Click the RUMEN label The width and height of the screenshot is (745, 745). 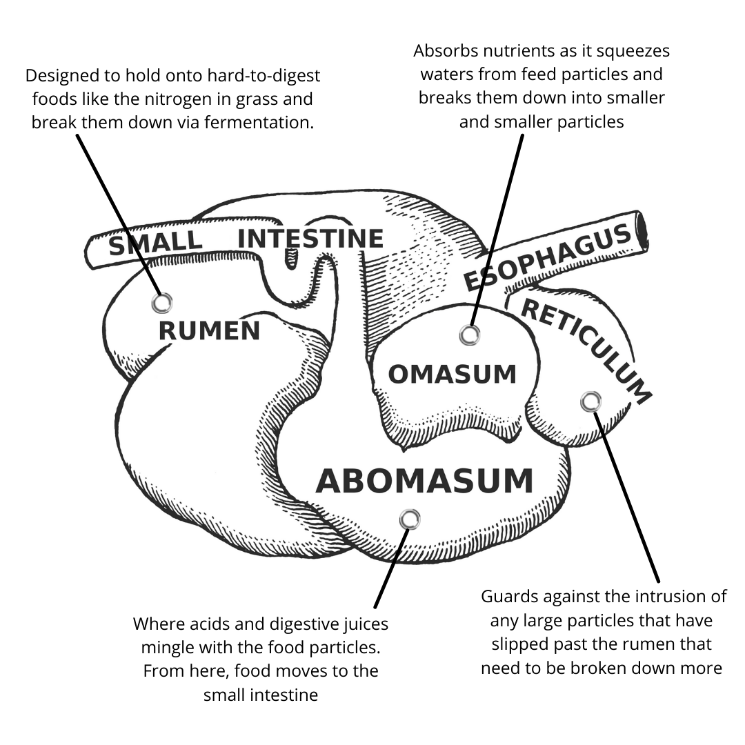209,331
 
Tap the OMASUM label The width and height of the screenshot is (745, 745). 452,375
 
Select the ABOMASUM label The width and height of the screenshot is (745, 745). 424,481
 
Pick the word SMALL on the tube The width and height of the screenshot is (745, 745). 155,243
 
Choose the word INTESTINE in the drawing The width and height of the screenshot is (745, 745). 310,239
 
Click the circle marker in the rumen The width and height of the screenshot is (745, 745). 162,302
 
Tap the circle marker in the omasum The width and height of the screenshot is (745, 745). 469,335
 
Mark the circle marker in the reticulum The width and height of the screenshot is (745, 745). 590,401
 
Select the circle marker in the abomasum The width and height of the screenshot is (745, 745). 410,519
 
